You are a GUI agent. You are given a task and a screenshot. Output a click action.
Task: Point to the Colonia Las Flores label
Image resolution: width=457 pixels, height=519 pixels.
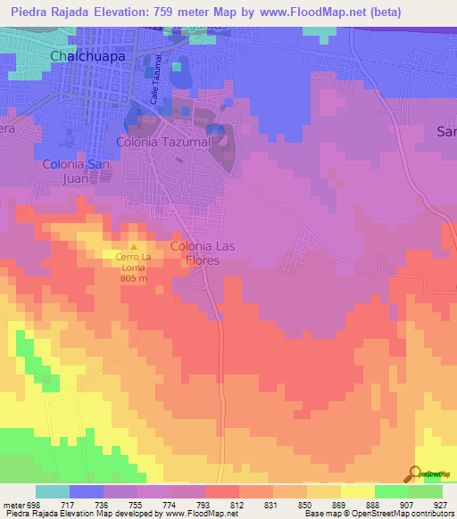point(208,252)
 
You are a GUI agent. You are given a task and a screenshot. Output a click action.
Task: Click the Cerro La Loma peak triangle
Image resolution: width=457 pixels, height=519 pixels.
point(134,247)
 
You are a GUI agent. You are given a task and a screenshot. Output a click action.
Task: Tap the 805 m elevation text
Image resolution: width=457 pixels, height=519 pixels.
point(134,276)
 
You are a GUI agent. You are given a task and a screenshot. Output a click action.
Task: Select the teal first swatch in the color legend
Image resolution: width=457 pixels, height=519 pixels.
point(53,491)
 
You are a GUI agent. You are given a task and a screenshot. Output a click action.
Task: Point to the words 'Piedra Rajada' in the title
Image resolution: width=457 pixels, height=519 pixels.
point(50,12)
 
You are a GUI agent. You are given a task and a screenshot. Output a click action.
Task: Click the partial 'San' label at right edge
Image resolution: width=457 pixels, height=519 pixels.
point(445,132)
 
